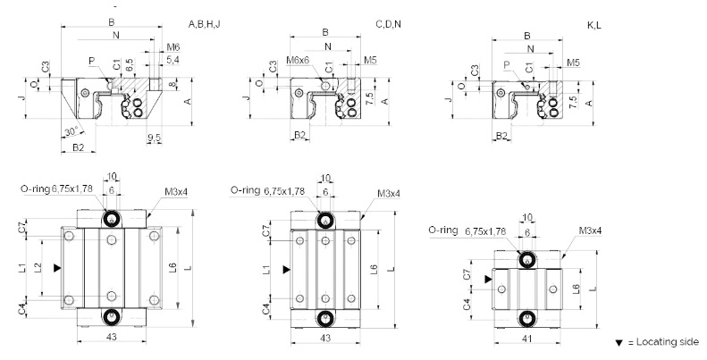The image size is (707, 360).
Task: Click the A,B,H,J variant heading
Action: [205, 24]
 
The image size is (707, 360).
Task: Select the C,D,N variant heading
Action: [388, 24]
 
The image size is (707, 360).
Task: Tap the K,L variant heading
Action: [593, 25]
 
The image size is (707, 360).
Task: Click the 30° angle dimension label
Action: [72, 131]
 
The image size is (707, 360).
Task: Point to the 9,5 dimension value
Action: [155, 138]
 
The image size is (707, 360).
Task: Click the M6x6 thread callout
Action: [298, 60]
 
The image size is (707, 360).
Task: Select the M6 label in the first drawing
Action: [173, 46]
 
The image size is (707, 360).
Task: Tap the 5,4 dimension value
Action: [173, 59]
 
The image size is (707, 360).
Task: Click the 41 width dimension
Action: [527, 339]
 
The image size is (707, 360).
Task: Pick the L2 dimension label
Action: [38, 268]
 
